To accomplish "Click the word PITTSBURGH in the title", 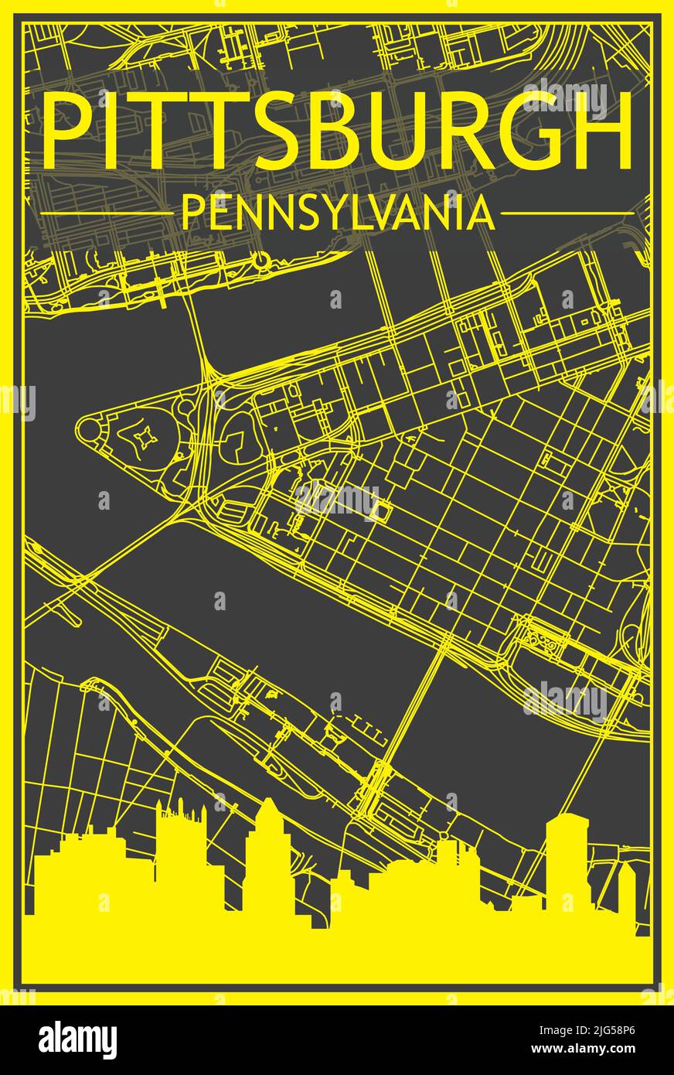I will click(337, 130).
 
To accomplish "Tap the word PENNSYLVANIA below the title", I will click(337, 213).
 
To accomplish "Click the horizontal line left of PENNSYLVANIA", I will click(104, 213).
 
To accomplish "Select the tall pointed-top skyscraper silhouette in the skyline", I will click(267, 851).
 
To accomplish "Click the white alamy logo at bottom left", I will click(77, 1036).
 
